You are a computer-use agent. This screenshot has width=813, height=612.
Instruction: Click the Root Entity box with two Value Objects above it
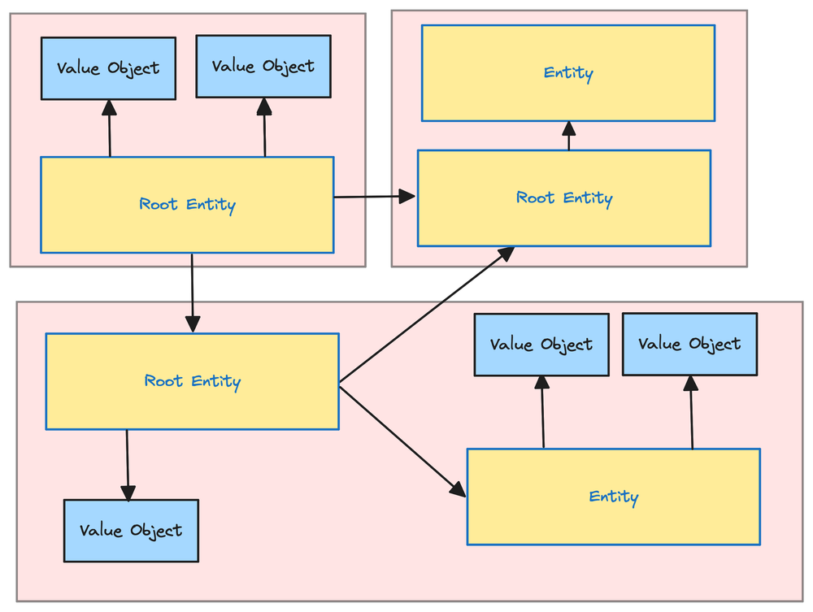tap(187, 205)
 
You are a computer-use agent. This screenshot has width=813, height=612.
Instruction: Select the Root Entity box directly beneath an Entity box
tap(564, 198)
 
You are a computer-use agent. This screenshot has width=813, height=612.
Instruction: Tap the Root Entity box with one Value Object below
tap(192, 381)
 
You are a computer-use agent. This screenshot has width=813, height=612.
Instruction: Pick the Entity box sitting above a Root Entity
tap(567, 73)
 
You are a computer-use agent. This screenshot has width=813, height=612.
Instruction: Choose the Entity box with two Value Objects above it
tap(613, 497)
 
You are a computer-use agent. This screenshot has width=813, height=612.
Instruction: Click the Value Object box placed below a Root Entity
tap(131, 531)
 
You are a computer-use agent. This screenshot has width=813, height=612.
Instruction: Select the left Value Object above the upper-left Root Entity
tap(108, 68)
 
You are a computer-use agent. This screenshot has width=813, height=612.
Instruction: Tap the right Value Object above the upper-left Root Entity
tap(263, 66)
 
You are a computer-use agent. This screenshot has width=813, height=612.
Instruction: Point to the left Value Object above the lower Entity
tap(541, 345)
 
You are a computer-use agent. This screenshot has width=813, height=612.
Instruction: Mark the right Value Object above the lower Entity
tap(689, 344)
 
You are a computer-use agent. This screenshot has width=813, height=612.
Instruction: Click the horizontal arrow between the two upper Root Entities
tap(374, 197)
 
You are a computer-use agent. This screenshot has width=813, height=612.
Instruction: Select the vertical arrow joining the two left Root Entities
tap(192, 293)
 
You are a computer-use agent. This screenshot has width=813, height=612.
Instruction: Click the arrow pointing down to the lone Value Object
tap(127, 464)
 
